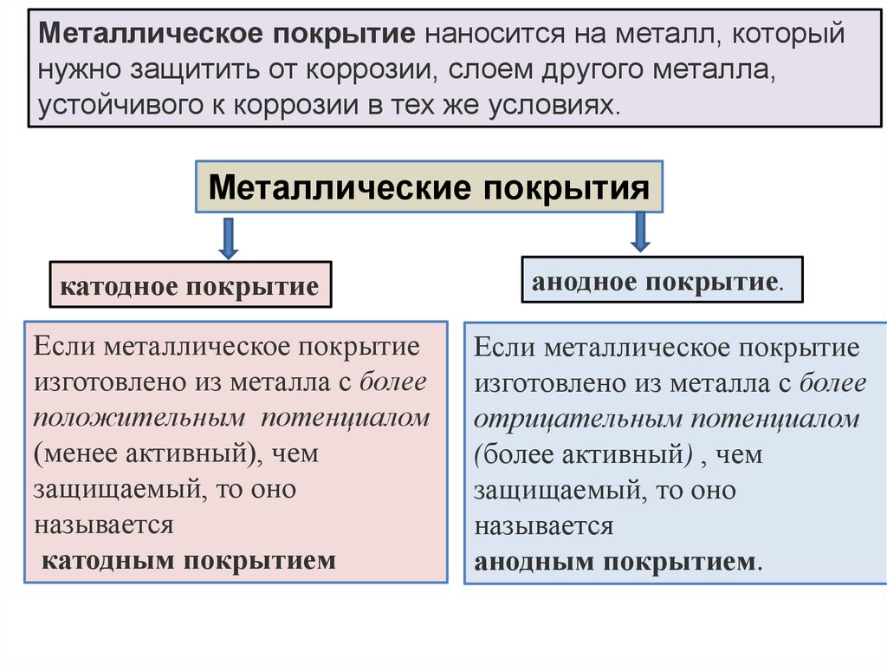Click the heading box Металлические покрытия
point(429,186)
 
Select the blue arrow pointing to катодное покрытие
point(228,238)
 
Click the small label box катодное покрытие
point(190,286)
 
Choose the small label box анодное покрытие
point(662,281)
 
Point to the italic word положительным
point(139,418)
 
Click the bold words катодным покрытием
point(189,560)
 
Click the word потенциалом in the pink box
point(346,418)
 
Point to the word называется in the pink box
point(104,525)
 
